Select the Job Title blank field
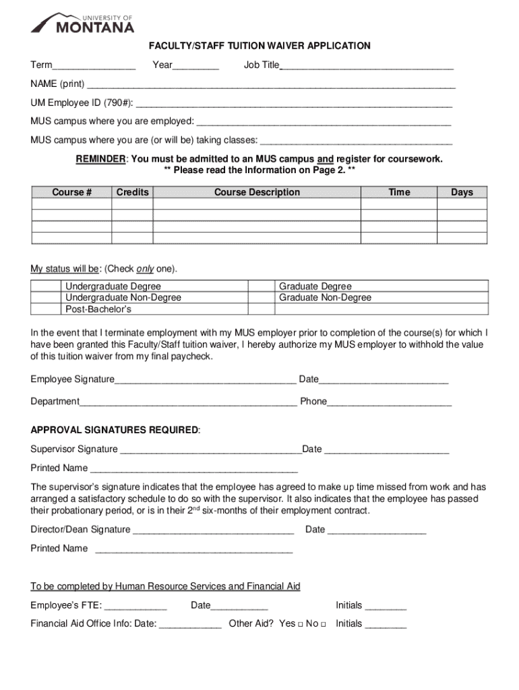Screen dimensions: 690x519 [x=367, y=66]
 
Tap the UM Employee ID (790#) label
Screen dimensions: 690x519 [x=82, y=103]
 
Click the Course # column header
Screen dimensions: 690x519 [x=71, y=192]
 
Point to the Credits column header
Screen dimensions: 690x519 [x=132, y=192]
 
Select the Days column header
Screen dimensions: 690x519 [x=462, y=192]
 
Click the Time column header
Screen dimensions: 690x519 [x=399, y=192]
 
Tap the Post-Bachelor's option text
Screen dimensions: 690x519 [x=98, y=309]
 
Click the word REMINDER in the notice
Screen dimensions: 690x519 [x=100, y=159]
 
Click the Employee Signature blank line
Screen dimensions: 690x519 [x=205, y=380]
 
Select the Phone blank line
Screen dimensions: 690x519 [x=389, y=402]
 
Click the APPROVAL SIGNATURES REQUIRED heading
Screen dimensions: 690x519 [x=115, y=430]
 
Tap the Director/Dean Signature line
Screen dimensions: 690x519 [x=213, y=530]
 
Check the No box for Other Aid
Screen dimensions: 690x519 [x=324, y=625]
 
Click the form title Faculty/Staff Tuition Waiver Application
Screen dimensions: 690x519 [x=259, y=46]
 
